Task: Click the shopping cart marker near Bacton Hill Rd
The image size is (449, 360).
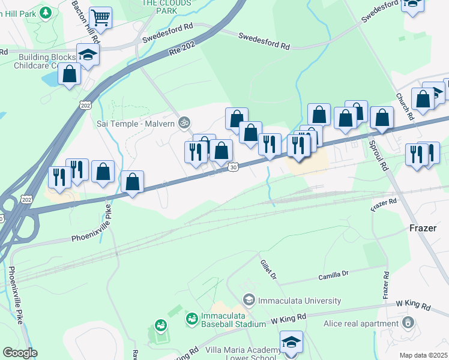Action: [101, 19]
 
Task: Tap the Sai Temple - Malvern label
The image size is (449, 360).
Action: [136, 123]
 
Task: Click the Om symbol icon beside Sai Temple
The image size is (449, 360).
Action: [185, 123]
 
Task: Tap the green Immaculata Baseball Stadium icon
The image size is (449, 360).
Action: [191, 319]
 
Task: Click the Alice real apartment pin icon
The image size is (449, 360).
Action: [408, 323]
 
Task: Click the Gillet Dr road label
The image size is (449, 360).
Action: [268, 270]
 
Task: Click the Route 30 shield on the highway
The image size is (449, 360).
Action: [232, 168]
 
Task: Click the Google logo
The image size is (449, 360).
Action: [20, 353]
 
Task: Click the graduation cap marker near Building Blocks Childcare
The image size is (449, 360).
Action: [88, 55]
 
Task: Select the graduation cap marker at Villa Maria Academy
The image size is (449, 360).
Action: [291, 342]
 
